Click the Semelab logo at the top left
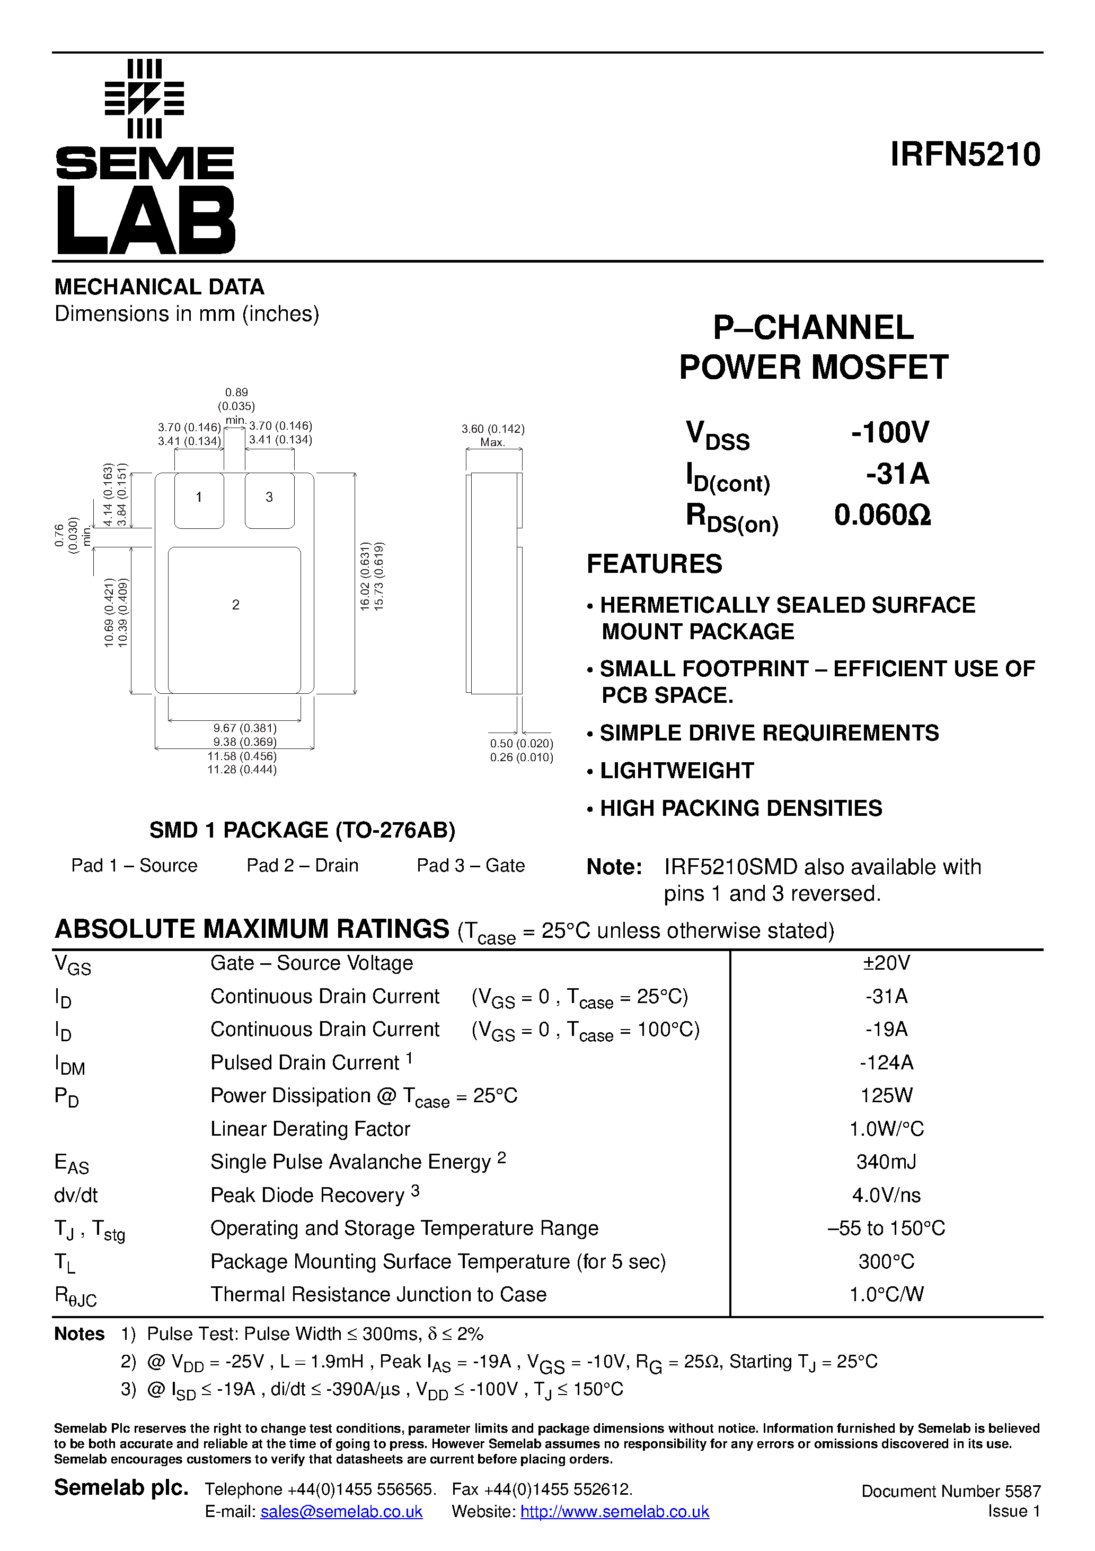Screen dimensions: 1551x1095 [x=145, y=156]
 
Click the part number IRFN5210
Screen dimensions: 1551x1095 [x=965, y=155]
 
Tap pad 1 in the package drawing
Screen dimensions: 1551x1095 [x=199, y=500]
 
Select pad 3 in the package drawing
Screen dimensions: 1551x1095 [x=269, y=500]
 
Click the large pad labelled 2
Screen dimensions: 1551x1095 [x=234, y=620]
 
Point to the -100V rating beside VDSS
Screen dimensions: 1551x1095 [x=890, y=432]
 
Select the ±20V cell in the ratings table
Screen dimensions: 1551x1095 [x=886, y=963]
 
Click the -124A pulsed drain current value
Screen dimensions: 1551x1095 [x=886, y=1062]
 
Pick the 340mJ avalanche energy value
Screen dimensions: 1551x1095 [x=886, y=1162]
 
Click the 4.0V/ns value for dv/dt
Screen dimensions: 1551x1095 [x=886, y=1195]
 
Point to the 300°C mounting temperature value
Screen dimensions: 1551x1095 [x=886, y=1261]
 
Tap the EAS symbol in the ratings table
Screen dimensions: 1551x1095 [x=71, y=1163]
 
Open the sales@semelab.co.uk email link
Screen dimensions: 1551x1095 [x=342, y=1512]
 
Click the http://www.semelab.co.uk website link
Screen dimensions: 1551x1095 [x=614, y=1512]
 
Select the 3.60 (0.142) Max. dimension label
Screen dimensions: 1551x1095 [x=493, y=435]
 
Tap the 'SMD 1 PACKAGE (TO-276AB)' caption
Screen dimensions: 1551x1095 [x=303, y=830]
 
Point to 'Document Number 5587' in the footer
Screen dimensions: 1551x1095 [x=950, y=1491]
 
